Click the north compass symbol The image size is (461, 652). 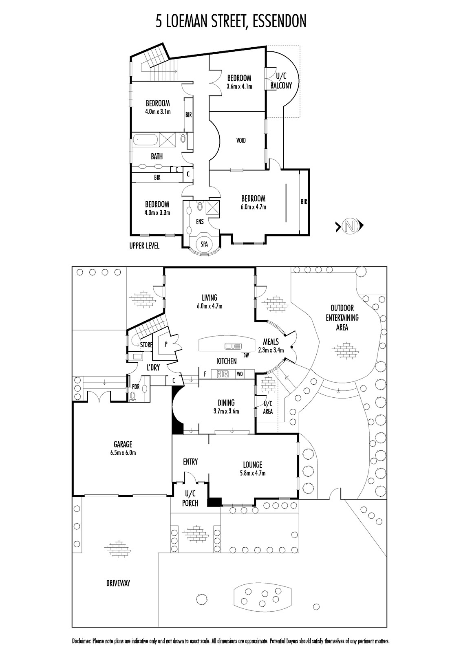coord(349,225)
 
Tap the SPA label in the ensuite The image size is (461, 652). coord(204,244)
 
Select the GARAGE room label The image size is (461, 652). coord(123,445)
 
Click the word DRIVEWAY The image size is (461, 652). coord(118,583)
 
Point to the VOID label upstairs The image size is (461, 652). coord(241,141)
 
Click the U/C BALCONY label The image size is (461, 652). coord(281,81)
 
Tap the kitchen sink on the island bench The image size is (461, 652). coord(234,346)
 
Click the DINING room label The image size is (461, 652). coord(226,403)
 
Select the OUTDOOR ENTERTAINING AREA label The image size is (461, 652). coord(342,317)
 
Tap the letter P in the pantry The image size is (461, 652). coord(166,344)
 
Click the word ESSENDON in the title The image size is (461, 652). coord(279,21)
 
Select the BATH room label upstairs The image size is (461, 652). coord(157,156)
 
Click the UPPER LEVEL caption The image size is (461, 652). coord(144,246)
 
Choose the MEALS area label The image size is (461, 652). coord(271,342)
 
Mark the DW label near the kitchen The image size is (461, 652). coord(246,355)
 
